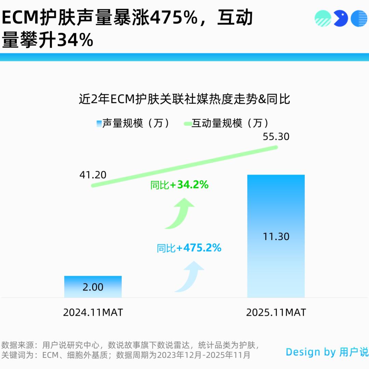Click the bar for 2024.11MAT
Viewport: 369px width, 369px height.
(x=93, y=286)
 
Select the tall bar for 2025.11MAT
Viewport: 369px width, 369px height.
(x=276, y=236)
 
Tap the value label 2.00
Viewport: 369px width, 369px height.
(x=93, y=287)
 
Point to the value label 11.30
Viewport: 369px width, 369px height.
(x=276, y=236)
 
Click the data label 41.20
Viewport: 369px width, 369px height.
(x=93, y=175)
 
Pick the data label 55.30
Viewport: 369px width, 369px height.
(x=276, y=137)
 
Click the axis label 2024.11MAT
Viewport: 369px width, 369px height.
(x=93, y=312)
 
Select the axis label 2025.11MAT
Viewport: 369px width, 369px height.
(x=276, y=312)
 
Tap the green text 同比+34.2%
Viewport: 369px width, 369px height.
(x=179, y=185)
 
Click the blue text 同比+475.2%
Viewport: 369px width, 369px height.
(x=189, y=248)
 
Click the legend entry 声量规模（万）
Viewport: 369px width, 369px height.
(x=133, y=123)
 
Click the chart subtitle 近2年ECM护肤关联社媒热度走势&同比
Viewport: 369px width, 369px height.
(x=184, y=99)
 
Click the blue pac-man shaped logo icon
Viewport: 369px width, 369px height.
(x=340, y=18)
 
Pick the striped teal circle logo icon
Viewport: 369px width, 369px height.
(x=323, y=18)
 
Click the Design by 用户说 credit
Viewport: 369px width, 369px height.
(x=327, y=352)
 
